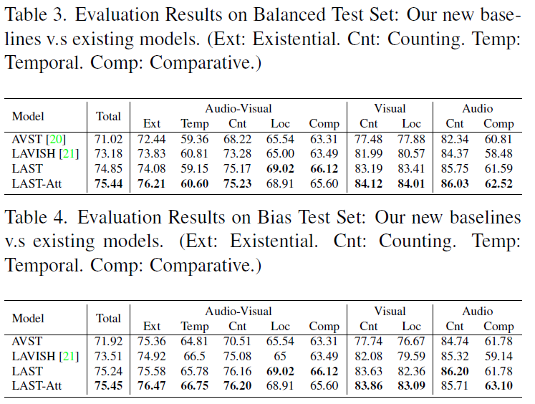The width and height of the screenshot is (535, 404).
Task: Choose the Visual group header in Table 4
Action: coord(390,311)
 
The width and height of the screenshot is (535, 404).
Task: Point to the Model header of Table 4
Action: coord(28,317)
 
